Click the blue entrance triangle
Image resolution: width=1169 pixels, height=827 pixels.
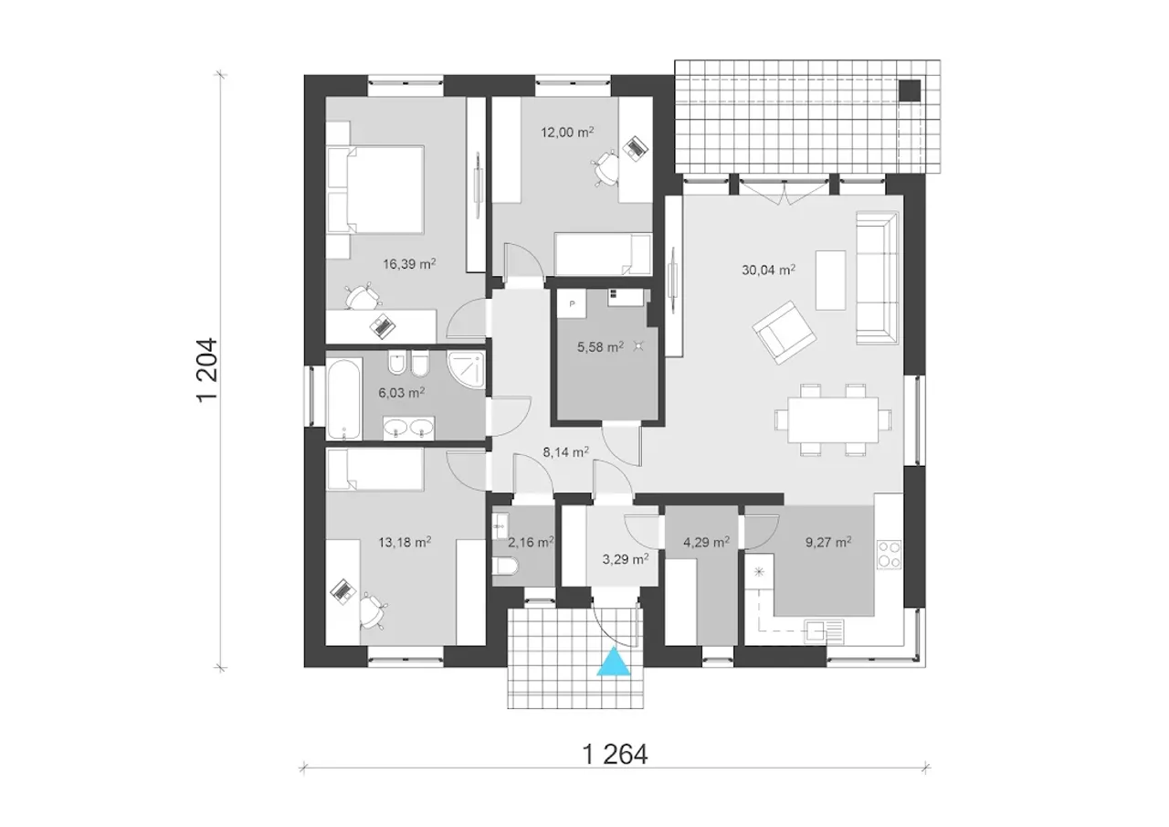point(614,663)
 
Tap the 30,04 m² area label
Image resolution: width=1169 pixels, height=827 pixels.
point(768,270)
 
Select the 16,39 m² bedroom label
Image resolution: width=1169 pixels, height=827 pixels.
point(409,264)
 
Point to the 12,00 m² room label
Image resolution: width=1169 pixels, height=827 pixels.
point(567,133)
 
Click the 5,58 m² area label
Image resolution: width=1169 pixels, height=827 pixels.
point(600,346)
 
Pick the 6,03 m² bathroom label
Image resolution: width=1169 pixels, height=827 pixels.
point(401,392)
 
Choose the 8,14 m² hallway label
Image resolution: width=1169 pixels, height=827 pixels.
point(566,451)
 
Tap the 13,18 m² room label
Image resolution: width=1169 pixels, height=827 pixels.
point(405,542)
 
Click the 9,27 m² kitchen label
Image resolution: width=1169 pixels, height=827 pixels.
point(828,542)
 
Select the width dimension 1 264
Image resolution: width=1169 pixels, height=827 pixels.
point(615,754)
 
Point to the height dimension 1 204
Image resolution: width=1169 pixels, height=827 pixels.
point(207,370)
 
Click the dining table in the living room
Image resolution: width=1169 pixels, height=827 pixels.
point(833,419)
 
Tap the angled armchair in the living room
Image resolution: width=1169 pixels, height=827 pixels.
point(784,332)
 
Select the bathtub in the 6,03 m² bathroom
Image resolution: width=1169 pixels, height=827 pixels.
point(344,398)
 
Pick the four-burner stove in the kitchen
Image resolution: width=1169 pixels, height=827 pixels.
point(889,555)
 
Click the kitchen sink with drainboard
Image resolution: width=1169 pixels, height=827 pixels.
point(824,631)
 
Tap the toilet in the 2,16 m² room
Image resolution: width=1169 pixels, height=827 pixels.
point(505,566)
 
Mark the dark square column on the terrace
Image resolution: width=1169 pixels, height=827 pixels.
point(911,90)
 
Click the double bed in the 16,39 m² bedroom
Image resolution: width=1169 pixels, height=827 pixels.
point(374,189)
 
